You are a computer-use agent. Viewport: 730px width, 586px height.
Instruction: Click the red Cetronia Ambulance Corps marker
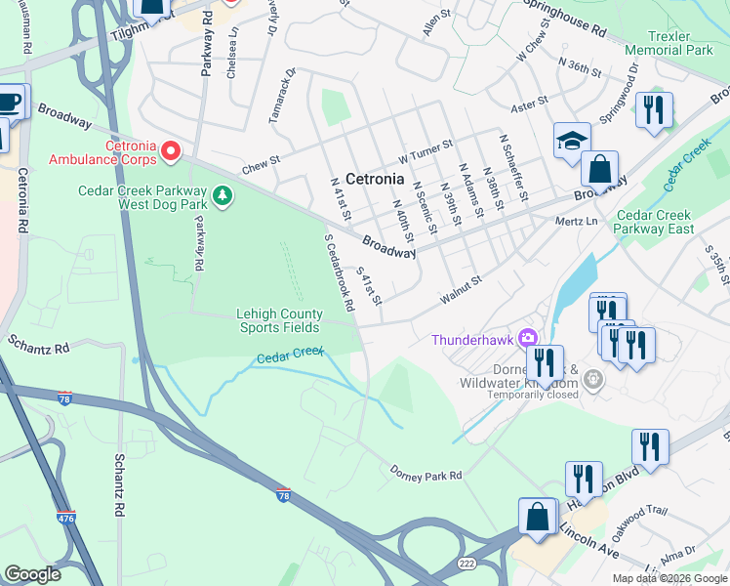click(x=171, y=149)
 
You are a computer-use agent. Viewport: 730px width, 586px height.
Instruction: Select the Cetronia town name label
click(x=375, y=179)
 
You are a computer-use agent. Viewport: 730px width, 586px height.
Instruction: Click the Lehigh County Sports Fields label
click(x=279, y=320)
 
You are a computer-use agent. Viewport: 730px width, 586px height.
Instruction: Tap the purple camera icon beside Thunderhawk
click(x=528, y=338)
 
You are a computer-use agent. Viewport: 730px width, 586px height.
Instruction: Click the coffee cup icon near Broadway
click(x=9, y=102)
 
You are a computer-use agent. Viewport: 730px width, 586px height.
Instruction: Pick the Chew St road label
click(x=261, y=164)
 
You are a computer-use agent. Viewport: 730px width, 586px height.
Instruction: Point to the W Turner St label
click(x=426, y=149)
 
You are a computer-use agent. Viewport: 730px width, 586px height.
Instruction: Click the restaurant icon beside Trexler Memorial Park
click(x=654, y=108)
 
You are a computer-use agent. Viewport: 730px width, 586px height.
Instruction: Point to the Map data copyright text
click(x=669, y=578)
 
